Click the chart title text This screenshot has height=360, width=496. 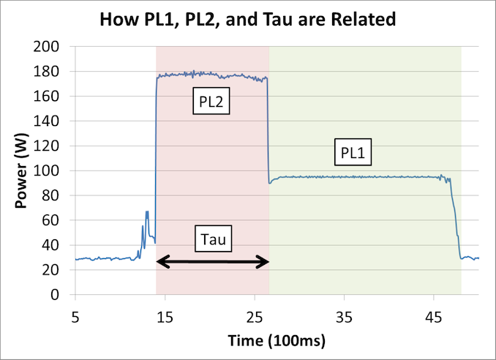click(248, 19)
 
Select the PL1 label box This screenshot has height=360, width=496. click(356, 154)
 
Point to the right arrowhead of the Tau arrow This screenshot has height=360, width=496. click(264, 262)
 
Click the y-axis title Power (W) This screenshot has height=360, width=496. click(23, 170)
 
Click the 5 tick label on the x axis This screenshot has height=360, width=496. click(75, 317)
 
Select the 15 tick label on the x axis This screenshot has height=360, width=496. click(165, 317)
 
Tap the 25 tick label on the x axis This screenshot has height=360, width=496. click(255, 317)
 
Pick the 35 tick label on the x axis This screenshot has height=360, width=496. click(344, 317)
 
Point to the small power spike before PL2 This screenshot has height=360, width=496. click(146, 216)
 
